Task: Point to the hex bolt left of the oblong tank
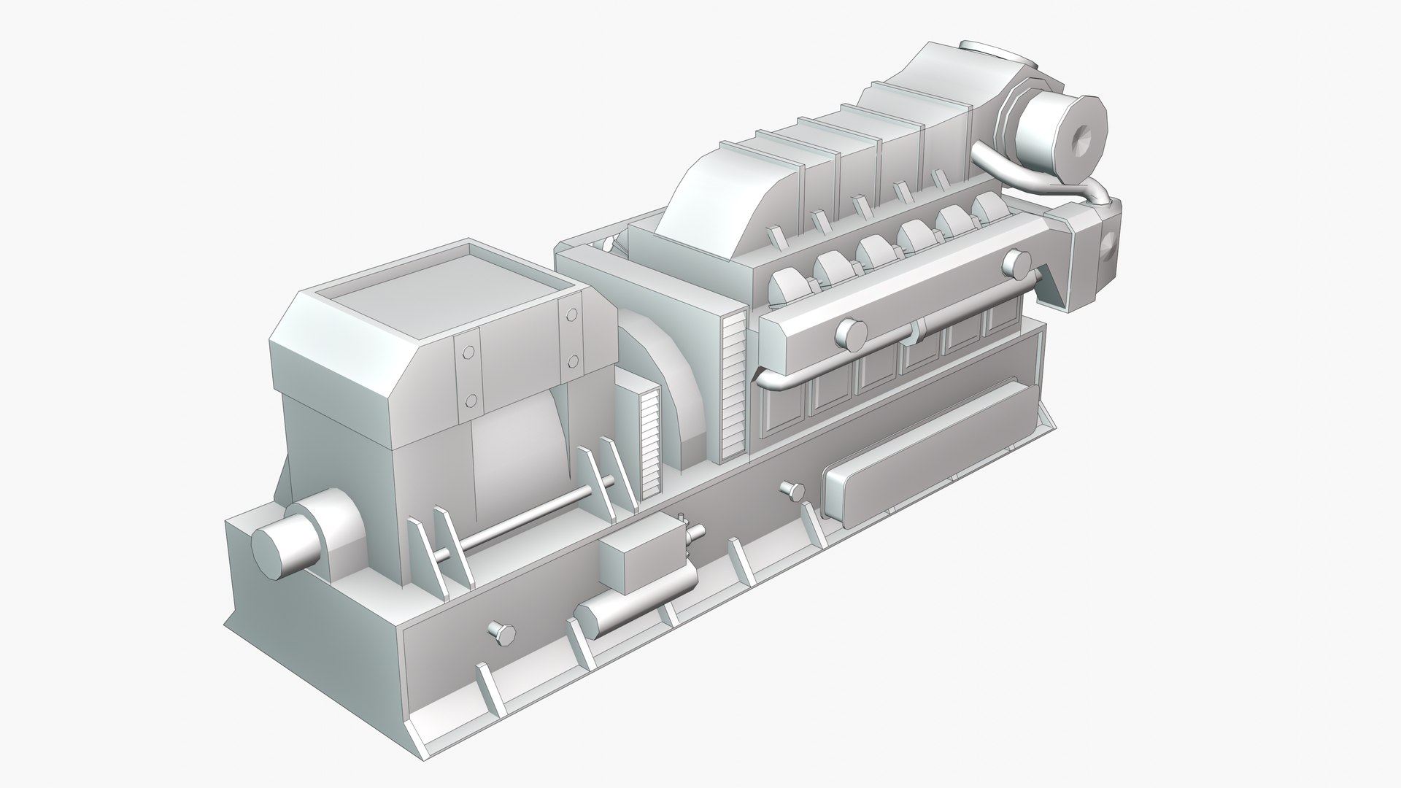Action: click(x=792, y=489)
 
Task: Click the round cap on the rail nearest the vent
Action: click(x=849, y=333)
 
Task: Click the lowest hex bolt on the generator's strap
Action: click(x=471, y=400)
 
